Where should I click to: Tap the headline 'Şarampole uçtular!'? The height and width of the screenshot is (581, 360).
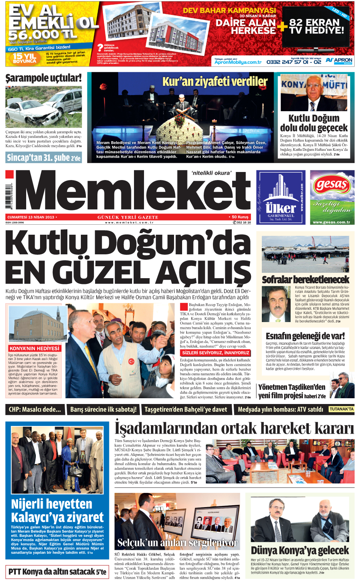pyautogui.click(x=44, y=78)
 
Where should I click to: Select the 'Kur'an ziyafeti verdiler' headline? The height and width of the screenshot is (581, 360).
pyautogui.click(x=214, y=82)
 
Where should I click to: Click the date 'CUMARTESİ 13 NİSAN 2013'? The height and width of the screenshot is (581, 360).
pyautogui.click(x=31, y=217)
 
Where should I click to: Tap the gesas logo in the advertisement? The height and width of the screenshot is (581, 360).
pyautogui.click(x=332, y=185)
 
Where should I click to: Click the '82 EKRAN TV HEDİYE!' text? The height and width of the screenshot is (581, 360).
pyautogui.click(x=316, y=26)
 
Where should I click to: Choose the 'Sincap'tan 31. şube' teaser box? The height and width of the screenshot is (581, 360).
pyautogui.click(x=44, y=157)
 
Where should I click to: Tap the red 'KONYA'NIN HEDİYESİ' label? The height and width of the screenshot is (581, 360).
pyautogui.click(x=34, y=348)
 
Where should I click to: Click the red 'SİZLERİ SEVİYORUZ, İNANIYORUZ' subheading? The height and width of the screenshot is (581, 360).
pyautogui.click(x=216, y=353)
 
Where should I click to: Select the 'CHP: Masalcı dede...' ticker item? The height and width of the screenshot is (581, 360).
pyautogui.click(x=35, y=409)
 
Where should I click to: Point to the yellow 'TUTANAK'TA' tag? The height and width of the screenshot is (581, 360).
pyautogui.click(x=341, y=409)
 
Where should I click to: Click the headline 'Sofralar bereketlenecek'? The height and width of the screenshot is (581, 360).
pyautogui.click(x=305, y=279)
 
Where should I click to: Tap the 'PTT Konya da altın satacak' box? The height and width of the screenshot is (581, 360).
pyautogui.click(x=57, y=571)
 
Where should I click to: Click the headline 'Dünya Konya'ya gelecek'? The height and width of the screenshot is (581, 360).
pyautogui.click(x=300, y=550)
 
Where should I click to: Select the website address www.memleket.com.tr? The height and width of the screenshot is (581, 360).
pyautogui.click(x=129, y=222)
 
